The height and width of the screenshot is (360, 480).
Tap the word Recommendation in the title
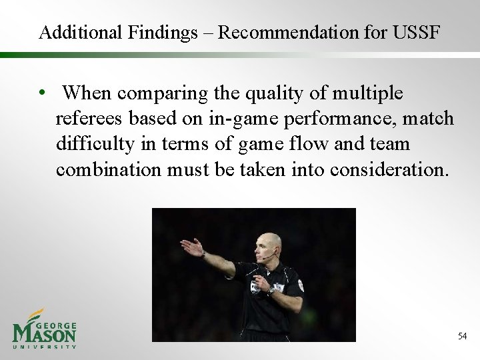coord(284,32)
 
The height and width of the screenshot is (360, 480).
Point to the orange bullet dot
coord(42,94)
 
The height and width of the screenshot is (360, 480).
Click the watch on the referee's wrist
coord(271,291)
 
